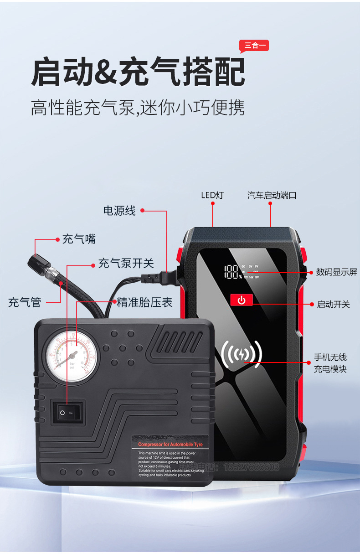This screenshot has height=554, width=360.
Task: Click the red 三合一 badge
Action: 254,45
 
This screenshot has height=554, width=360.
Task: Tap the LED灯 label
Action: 212,195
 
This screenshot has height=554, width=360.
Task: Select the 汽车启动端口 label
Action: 272,195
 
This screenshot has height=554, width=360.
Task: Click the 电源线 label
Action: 119,211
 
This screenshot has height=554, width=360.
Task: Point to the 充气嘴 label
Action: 79,239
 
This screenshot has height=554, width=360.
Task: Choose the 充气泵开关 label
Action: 126,263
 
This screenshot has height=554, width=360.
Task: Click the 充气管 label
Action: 25,302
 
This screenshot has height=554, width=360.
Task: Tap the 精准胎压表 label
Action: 145,302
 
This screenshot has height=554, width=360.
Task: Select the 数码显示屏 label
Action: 336,272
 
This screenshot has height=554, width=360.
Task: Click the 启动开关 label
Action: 333,304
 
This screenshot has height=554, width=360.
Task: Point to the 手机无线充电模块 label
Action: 330,363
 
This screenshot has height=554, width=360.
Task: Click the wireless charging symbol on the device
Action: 241,355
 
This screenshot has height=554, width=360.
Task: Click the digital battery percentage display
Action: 232,272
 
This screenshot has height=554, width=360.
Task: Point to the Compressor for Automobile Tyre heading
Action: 170,444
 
